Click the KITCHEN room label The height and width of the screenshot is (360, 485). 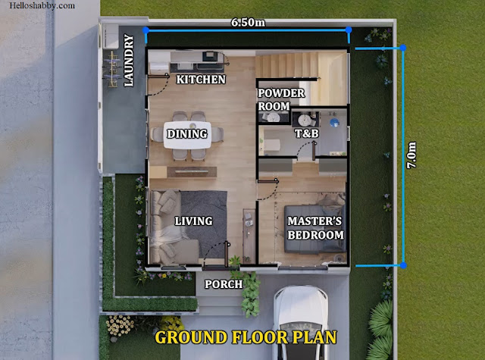pyautogui.click(x=201, y=80)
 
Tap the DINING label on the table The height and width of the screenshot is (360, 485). pyautogui.click(x=187, y=133)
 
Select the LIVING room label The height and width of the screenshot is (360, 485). pyautogui.click(x=194, y=221)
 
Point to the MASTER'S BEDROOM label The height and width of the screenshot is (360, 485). pyautogui.click(x=315, y=228)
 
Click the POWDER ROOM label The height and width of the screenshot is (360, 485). pyautogui.click(x=281, y=99)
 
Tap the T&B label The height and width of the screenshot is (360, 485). pyautogui.click(x=306, y=133)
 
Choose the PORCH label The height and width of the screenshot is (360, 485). pyautogui.click(x=224, y=284)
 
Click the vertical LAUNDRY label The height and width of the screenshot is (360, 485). pyautogui.click(x=129, y=61)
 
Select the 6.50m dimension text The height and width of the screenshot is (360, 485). pyautogui.click(x=248, y=22)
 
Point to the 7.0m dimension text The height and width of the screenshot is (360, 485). pyautogui.click(x=411, y=155)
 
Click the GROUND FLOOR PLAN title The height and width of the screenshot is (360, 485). pyautogui.click(x=246, y=337)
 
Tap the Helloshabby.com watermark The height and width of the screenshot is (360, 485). pyautogui.click(x=42, y=5)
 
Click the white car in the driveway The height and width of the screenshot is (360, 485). pyautogui.click(x=300, y=323)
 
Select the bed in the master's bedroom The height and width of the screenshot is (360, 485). pyautogui.click(x=315, y=229)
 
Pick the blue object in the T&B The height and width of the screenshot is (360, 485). pyautogui.click(x=334, y=123)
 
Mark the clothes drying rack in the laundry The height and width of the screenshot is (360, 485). pyautogui.click(x=112, y=70)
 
